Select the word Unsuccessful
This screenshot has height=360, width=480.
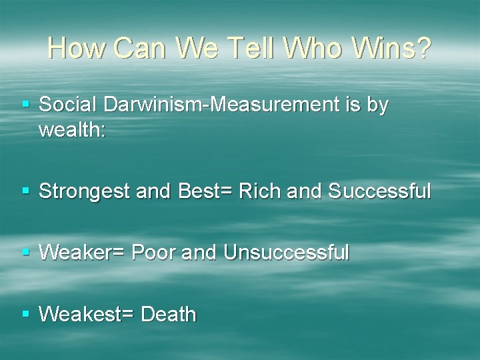[287, 253]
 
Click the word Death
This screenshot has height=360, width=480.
[169, 314]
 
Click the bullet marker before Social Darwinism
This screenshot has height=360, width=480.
[26, 105]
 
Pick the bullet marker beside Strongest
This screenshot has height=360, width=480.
[26, 191]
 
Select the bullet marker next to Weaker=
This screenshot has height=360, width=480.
[26, 253]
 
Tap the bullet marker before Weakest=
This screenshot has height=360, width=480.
[26, 314]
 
